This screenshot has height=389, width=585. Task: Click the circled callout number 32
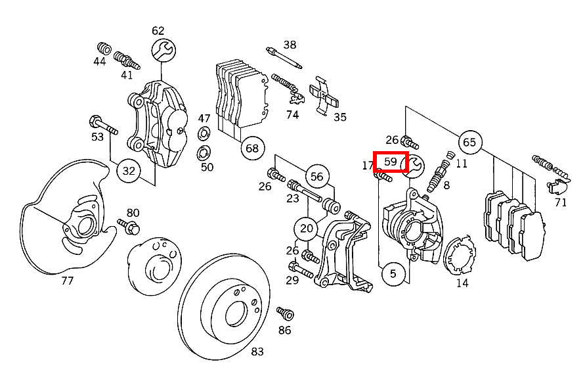[x=129, y=172]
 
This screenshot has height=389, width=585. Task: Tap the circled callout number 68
[x=253, y=148]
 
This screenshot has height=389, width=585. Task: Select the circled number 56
[x=317, y=176]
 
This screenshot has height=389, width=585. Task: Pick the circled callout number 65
[x=469, y=142]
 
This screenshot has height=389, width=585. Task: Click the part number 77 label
[x=67, y=281]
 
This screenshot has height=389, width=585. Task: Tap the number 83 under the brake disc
[x=257, y=352]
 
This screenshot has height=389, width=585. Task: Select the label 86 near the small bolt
[x=284, y=331]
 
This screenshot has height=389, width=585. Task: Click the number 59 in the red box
[x=391, y=162]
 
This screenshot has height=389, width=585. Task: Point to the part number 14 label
[x=462, y=283]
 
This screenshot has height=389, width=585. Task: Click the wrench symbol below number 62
[x=163, y=49]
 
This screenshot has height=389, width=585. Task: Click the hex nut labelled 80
[x=130, y=229]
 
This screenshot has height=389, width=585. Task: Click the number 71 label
[x=560, y=202]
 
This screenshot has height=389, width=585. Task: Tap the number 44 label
[x=99, y=61]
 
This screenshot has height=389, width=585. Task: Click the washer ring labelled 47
[x=204, y=136]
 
